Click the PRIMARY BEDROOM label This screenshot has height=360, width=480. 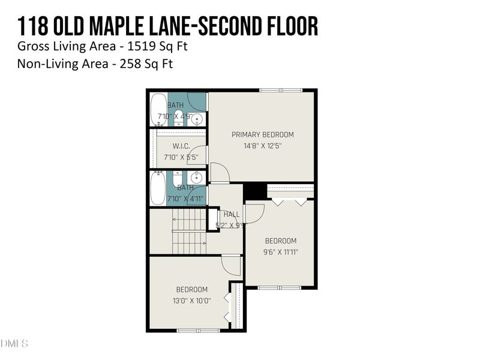tap(263, 134)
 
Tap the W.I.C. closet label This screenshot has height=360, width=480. tap(181, 146)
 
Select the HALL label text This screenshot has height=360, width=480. tap(232, 214)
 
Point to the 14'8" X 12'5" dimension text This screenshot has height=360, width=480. tap(263, 145)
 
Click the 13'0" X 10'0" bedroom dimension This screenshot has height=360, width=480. tap(191, 301)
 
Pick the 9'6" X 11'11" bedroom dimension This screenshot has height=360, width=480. tap(280, 252)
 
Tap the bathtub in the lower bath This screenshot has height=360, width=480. tap(157, 188)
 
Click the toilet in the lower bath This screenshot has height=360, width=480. tap(178, 179)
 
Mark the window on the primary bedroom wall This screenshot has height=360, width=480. tap(281, 91)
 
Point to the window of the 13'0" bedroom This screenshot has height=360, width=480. tap(198, 330)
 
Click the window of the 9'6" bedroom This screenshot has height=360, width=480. tap(279, 287)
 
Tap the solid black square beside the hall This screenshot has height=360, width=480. tap(255, 190)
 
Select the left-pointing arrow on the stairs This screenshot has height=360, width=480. tap(176, 220)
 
